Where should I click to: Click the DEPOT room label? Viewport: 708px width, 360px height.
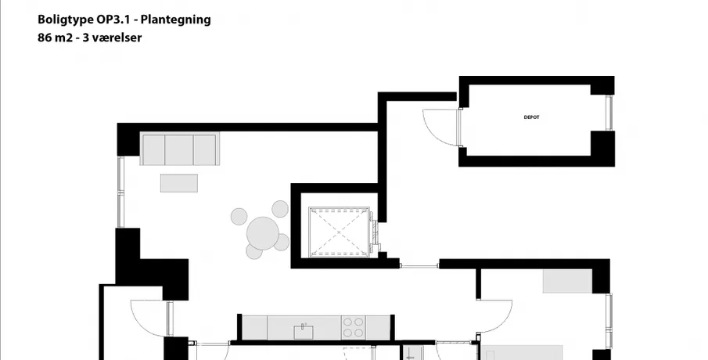point(531,117)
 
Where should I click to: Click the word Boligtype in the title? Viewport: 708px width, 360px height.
point(66,20)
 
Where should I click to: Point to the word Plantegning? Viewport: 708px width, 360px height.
point(176,20)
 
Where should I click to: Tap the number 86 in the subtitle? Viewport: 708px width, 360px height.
point(45,38)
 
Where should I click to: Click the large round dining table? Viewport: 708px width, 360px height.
point(263,232)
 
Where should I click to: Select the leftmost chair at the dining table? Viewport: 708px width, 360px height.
point(239,216)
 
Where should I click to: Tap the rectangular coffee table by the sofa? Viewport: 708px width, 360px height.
point(179,183)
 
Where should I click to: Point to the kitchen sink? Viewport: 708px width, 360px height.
point(304,332)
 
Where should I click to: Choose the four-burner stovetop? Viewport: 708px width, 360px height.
point(353,327)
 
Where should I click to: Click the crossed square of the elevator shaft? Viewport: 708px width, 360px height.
point(339,232)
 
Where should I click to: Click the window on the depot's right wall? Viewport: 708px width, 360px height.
point(609,113)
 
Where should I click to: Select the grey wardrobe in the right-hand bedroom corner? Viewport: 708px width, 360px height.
point(567,281)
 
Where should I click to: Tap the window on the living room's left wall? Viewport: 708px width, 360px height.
point(120,192)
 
